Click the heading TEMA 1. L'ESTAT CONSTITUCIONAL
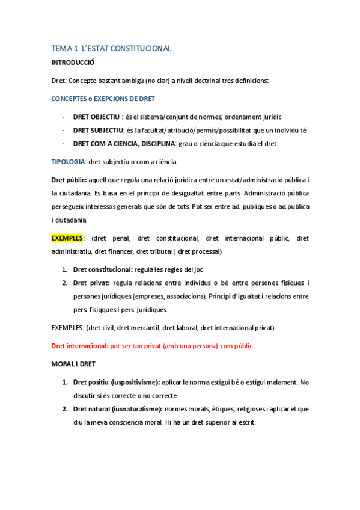tap(111, 48)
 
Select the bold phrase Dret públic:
tap(69, 180)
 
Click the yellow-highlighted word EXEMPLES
tap(67, 238)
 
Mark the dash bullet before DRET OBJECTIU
tap(64, 117)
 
